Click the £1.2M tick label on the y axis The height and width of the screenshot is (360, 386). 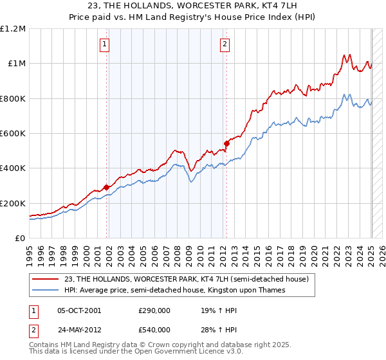click(x=13, y=29)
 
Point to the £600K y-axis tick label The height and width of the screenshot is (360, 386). click(x=13, y=134)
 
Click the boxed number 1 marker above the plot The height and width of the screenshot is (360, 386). click(x=105, y=44)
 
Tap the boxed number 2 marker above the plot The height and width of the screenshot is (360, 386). click(x=225, y=44)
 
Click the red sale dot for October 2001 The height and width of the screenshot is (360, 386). click(x=106, y=188)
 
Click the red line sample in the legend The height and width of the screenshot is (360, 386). click(x=46, y=280)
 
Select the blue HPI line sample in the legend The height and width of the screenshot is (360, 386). click(x=46, y=291)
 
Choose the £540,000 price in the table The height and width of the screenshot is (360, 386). click(x=154, y=329)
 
